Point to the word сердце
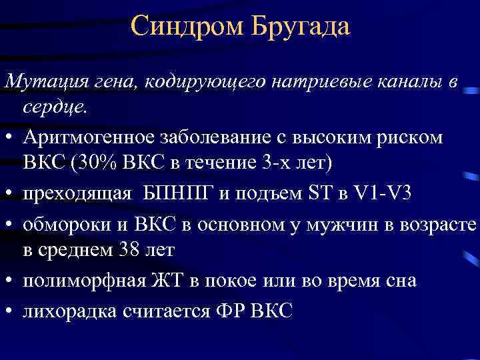(54, 107)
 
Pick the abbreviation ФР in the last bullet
(231, 310)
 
